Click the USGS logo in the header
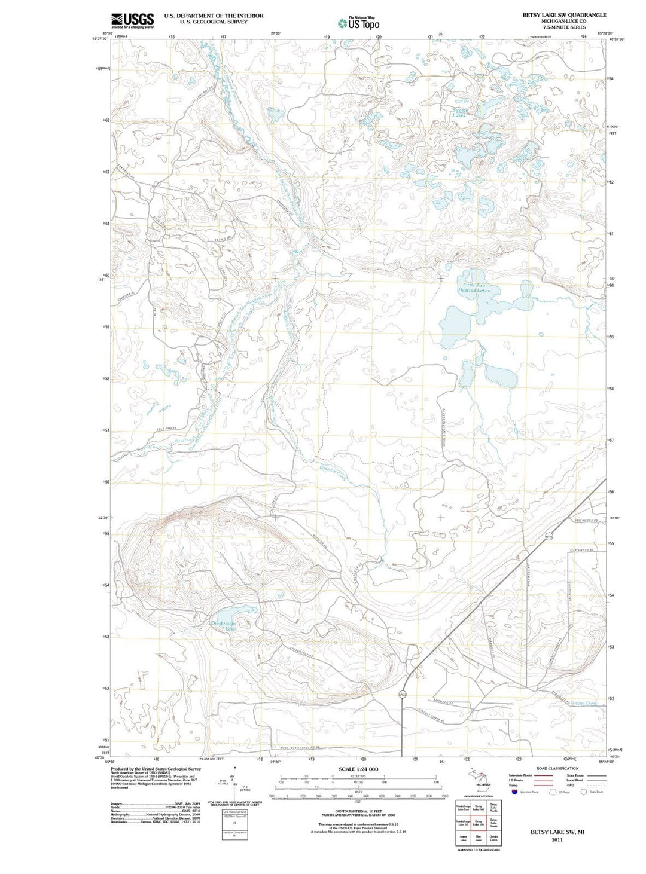(132, 20)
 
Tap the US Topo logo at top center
(359, 23)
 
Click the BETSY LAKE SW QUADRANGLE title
(564, 15)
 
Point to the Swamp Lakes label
(459, 112)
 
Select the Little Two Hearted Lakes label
(473, 288)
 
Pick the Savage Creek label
(583, 704)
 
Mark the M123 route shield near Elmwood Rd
(403, 694)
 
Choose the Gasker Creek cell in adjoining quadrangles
(493, 838)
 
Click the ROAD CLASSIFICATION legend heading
(557, 768)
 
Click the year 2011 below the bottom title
(557, 840)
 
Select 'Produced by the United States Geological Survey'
(156, 769)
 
